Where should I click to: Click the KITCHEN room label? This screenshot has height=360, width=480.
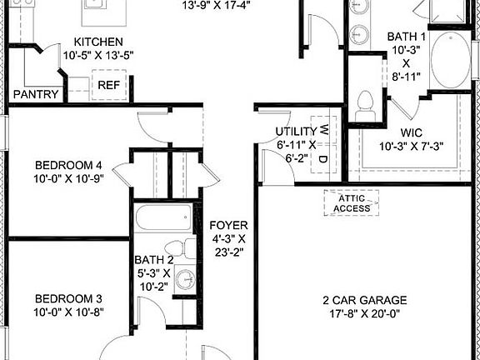click(x=98, y=42)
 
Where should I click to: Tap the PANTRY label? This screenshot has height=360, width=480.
click(x=35, y=94)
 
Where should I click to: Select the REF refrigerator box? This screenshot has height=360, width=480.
click(x=108, y=85)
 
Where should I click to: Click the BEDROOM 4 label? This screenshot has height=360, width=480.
click(x=67, y=163)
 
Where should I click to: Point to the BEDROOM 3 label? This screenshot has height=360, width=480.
click(x=67, y=298)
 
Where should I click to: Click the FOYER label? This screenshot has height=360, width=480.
click(x=227, y=225)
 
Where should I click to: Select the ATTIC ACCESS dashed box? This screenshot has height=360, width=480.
click(x=351, y=202)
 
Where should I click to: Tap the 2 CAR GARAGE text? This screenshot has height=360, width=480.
click(x=365, y=300)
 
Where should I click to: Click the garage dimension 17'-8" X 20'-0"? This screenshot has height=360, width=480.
click(x=365, y=314)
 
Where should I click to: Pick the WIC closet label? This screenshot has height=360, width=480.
click(x=412, y=132)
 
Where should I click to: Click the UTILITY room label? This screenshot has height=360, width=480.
click(x=296, y=132)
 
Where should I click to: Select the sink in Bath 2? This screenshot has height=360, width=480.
click(x=186, y=279)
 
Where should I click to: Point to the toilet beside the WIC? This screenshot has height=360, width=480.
click(x=362, y=103)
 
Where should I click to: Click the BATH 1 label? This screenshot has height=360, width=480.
click(x=407, y=37)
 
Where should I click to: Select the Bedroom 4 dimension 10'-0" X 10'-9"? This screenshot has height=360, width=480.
click(x=67, y=177)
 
